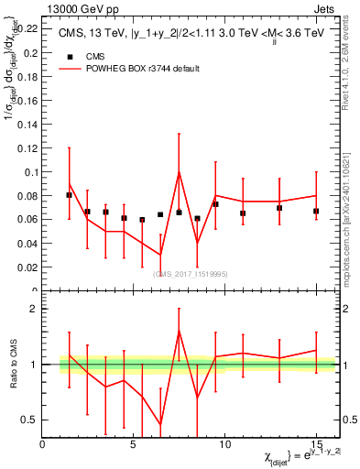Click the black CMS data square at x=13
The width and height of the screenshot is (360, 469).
click(279, 208)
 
